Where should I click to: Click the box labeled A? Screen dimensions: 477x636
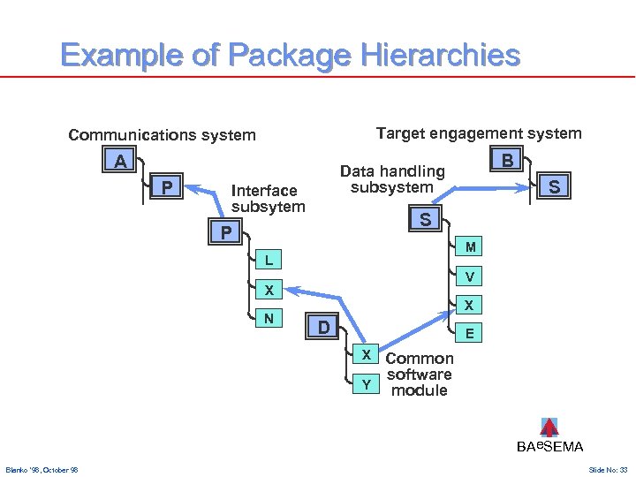(118, 162)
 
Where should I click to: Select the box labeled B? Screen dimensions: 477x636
(506, 161)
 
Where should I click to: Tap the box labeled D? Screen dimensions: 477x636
(323, 328)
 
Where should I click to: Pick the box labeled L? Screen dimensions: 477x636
(268, 260)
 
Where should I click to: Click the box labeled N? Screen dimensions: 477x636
(268, 318)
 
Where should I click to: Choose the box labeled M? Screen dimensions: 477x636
(470, 246)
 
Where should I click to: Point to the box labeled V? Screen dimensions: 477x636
(470, 277)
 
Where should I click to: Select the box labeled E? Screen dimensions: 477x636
(470, 334)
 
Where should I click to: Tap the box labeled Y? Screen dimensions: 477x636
(365, 383)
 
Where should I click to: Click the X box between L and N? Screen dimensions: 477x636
(268, 290)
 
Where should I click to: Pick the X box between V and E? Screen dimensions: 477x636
(470, 306)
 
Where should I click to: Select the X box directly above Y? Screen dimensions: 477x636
(365, 355)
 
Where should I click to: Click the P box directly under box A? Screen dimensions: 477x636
(165, 187)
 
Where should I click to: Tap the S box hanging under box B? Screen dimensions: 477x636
(553, 187)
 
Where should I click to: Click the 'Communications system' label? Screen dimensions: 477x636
(162, 135)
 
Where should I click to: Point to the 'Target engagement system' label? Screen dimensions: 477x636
(478, 133)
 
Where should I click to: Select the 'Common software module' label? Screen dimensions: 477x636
(419, 375)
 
